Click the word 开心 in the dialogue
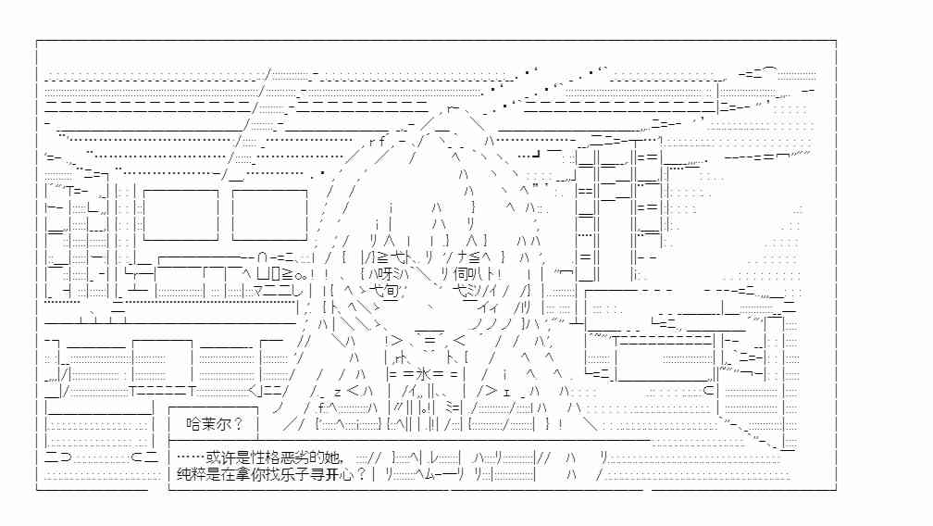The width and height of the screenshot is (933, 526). point(341,474)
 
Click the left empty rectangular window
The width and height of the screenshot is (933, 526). point(180,215)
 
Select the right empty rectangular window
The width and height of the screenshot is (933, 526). point(269,215)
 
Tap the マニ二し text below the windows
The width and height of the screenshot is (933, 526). point(278,291)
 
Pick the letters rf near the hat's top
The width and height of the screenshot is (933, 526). point(376,141)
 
